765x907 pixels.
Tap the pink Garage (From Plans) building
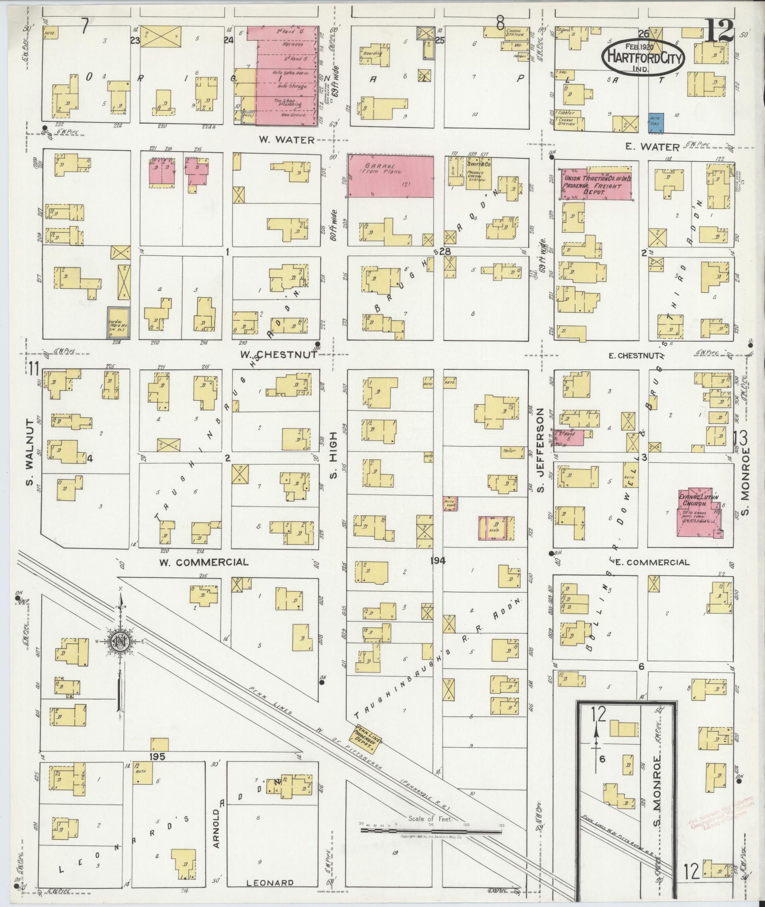click(390, 175)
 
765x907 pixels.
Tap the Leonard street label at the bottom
click(270, 883)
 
